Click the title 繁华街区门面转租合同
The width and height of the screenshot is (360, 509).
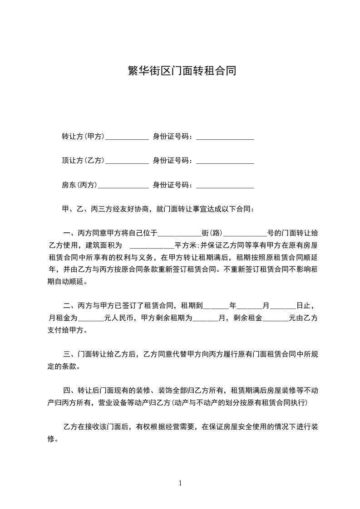click(180, 71)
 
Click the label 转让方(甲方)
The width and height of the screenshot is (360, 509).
click(83, 137)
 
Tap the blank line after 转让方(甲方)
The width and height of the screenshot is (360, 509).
click(127, 137)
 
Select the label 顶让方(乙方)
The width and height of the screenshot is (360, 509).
click(83, 161)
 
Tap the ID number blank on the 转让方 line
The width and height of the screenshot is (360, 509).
click(225, 137)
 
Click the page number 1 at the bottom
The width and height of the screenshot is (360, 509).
click(180, 483)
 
